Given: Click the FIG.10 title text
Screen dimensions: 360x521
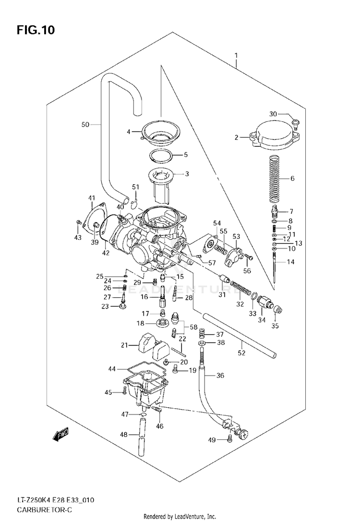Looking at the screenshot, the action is click(36, 30).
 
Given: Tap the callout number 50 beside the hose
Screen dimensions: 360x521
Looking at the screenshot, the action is click(85, 125).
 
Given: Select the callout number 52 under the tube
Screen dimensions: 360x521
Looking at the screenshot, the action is click(241, 353).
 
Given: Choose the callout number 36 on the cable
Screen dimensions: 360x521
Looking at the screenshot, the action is click(220, 376).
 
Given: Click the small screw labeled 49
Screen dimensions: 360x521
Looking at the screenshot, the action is click(230, 438).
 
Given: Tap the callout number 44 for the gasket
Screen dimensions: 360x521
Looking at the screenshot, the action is click(112, 369).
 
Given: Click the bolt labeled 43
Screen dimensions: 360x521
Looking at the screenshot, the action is click(79, 222).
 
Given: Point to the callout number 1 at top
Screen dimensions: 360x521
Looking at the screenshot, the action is click(236, 55).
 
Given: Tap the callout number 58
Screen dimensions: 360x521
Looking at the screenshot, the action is click(194, 327).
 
